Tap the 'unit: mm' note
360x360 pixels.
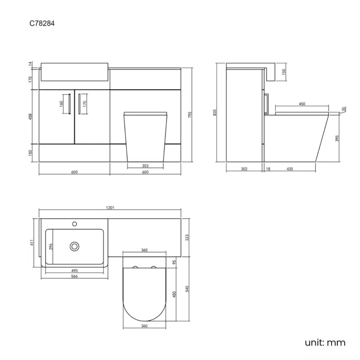[325, 342]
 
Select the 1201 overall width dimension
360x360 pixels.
[110, 208]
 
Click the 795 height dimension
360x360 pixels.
[189, 115]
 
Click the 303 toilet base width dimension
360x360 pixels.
[145, 165]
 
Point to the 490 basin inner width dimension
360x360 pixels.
[74, 270]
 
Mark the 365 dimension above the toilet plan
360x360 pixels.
[144, 250]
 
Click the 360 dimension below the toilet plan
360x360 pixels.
[144, 326]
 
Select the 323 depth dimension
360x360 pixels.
[188, 237]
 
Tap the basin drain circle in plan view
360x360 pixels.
[74, 245]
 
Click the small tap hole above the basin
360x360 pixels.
[74, 224]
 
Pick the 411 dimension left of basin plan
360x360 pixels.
[32, 242]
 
